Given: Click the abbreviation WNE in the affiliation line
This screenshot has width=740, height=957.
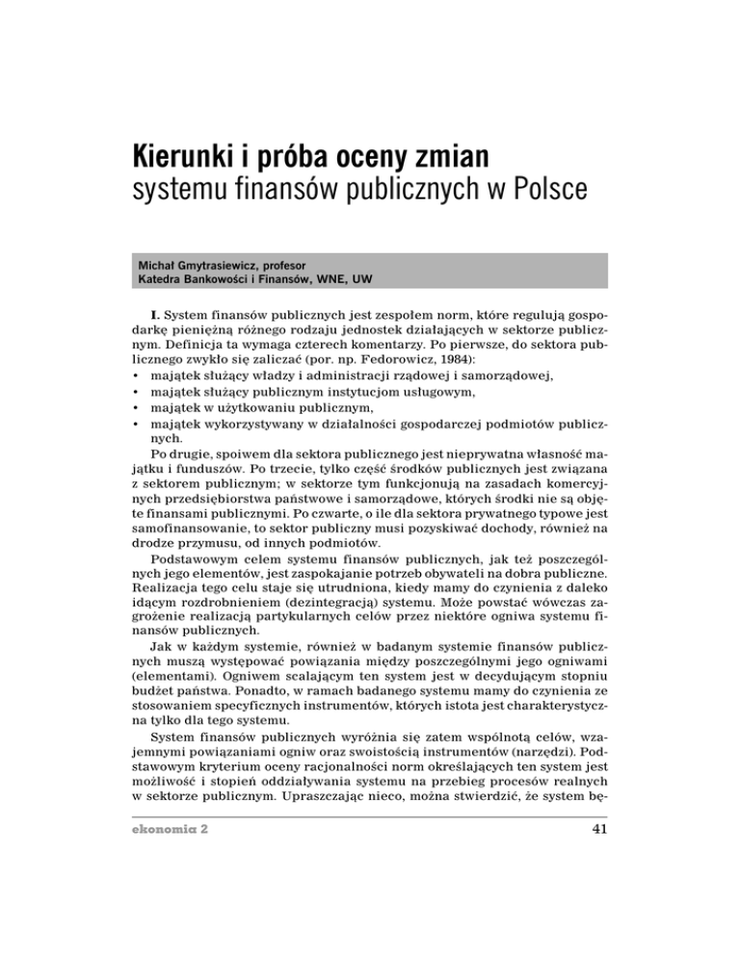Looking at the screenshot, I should [x=360, y=279].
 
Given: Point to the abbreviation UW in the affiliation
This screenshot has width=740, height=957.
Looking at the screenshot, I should [x=397, y=279].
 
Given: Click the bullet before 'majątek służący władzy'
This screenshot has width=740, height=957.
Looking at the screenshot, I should [x=139, y=391].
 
